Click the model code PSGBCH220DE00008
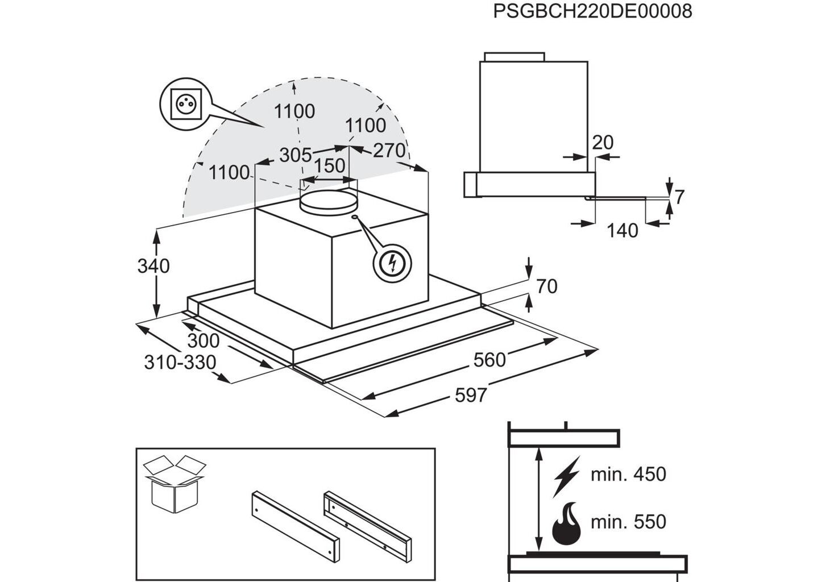(592, 11)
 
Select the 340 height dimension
(153, 265)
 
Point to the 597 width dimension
(471, 394)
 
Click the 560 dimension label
(489, 359)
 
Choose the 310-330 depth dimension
(180, 362)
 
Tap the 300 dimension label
(203, 340)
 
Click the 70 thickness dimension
(546, 286)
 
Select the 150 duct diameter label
(330, 165)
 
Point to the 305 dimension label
(296, 154)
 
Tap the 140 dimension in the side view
(622, 230)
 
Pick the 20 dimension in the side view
(603, 142)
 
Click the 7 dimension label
(679, 197)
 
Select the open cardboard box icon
(174, 483)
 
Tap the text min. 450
(628, 474)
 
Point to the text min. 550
(628, 521)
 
